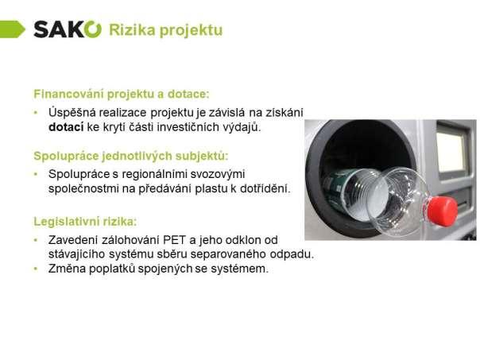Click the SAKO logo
click(68, 29)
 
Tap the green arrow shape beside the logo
click(12, 29)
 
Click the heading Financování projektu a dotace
click(122, 94)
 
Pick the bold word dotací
click(66, 126)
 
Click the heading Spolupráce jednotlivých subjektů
click(131, 156)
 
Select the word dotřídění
click(265, 188)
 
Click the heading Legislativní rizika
click(85, 222)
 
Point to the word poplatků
click(112, 269)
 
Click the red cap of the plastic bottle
click(443, 211)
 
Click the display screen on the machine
click(451, 152)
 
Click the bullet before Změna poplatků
click(36, 269)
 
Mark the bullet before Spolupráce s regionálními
click(36, 174)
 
